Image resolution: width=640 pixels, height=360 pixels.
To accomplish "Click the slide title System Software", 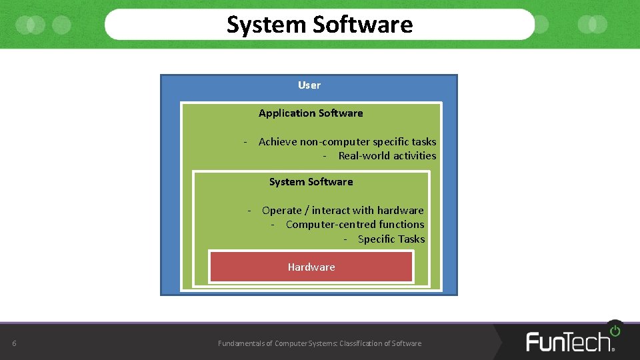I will pyautogui.click(x=319, y=25).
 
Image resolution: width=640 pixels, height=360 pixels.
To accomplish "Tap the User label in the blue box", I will pyautogui.click(x=309, y=85).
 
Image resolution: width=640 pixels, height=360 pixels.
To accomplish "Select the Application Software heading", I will pyautogui.click(x=311, y=113).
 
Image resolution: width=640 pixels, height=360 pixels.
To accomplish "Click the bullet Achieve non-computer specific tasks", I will pyautogui.click(x=347, y=141).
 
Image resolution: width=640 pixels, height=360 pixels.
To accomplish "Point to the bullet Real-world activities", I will pyautogui.click(x=387, y=156).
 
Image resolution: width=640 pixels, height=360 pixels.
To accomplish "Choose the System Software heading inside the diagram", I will pyautogui.click(x=311, y=182).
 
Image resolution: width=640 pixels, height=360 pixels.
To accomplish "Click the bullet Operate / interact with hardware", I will pyautogui.click(x=343, y=211).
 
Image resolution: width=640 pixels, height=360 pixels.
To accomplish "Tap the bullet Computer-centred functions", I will pyautogui.click(x=355, y=225).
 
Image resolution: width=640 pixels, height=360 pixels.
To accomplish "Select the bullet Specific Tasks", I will pyautogui.click(x=391, y=239).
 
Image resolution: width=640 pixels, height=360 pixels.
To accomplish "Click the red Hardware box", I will pyautogui.click(x=311, y=267).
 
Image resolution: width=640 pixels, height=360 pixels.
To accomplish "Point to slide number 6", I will pyautogui.click(x=14, y=344).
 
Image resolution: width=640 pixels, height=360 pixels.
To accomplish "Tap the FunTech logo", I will pyautogui.click(x=570, y=341).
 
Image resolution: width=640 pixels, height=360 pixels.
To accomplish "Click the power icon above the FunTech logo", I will pyautogui.click(x=615, y=330).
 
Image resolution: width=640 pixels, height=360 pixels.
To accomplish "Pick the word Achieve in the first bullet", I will pyautogui.click(x=277, y=141).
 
